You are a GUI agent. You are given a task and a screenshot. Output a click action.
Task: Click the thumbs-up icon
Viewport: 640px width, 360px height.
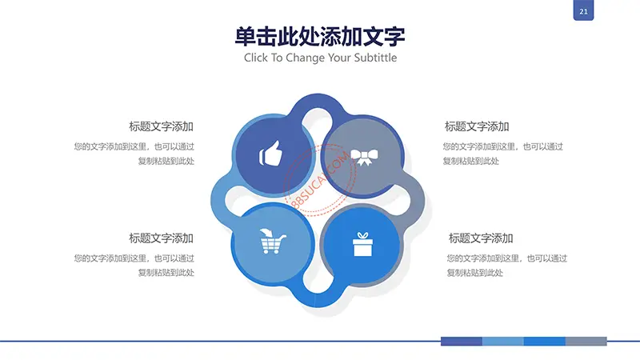270,154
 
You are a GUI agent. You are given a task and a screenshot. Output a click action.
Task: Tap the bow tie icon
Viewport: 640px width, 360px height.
364,157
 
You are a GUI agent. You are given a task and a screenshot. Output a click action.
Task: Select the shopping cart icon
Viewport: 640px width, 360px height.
273,242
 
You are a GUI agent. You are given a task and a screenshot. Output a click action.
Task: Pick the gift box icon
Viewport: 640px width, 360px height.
362,244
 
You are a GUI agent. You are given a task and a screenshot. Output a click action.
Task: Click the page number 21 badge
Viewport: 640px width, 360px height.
583,10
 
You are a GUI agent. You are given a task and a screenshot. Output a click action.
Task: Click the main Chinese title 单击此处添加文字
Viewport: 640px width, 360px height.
320,36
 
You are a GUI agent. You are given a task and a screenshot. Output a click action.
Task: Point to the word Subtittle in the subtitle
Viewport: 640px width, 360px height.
375,58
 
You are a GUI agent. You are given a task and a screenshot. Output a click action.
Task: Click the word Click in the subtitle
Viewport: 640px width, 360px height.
256,58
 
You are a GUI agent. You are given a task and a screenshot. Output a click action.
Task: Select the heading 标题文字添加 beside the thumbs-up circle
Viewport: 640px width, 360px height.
162,126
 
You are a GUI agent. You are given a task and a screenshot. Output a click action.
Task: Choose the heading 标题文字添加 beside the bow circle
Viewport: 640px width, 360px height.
477,126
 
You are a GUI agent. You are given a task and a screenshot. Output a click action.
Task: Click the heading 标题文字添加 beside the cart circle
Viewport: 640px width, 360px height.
162,238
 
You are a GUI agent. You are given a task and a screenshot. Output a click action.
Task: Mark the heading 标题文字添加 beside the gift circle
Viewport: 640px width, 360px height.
481,238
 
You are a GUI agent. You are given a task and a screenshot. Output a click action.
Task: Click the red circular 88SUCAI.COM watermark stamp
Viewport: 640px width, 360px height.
319,179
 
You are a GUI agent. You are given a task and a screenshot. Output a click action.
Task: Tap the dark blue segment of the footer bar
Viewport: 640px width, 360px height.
462,342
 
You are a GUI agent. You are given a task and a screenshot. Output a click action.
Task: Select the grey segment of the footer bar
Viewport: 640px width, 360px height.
586,342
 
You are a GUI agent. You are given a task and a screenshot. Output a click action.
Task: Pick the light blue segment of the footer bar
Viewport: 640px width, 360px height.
503,342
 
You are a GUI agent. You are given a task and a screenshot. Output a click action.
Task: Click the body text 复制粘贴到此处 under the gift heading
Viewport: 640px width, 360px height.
474,273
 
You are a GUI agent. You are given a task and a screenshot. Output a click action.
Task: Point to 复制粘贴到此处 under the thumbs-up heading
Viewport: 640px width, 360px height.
166,161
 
